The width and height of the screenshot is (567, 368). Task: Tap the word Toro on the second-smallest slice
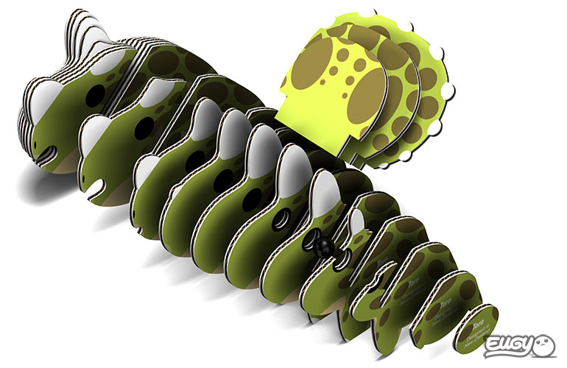444,302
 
